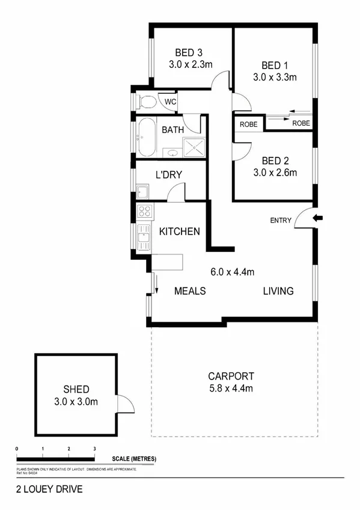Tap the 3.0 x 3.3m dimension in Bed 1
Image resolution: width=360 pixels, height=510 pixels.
[275, 77]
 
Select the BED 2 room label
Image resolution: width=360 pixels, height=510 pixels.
[275, 161]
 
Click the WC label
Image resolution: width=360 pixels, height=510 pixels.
[170, 102]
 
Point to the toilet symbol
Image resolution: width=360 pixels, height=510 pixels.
[145, 102]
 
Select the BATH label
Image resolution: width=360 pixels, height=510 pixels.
[172, 129]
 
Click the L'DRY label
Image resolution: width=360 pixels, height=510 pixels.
[169, 175]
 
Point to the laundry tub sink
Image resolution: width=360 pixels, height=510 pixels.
[143, 192]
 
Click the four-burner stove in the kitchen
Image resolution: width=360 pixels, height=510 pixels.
[144, 211]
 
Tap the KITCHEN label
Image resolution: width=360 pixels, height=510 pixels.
[179, 232]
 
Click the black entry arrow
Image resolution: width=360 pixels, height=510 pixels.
[318, 218]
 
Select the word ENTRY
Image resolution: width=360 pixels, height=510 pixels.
[281, 221]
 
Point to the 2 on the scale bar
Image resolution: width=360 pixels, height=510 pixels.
[69, 449]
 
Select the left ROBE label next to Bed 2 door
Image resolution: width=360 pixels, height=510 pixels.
[248, 124]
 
